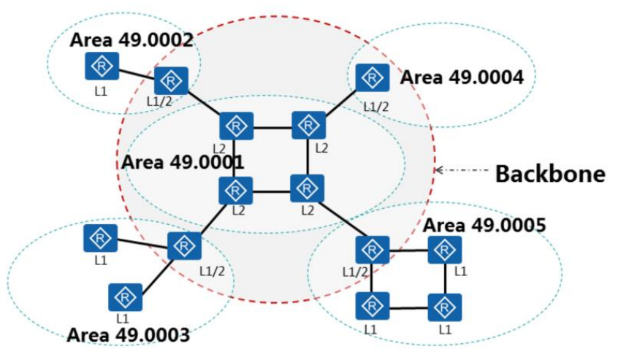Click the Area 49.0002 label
tap(131, 39)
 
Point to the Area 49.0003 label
tap(128, 335)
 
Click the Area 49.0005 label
tap(484, 224)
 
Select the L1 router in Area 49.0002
tap(100, 66)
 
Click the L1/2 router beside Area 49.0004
tap(373, 78)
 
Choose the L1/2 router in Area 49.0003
tap(183, 246)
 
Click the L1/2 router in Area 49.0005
tap(373, 250)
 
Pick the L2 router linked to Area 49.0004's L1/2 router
tap(308, 126)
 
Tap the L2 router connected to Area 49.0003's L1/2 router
tap(235, 190)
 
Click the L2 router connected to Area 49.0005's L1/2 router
tap(307, 188)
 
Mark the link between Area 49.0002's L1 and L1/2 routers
tap(135, 73)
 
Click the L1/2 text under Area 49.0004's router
tap(376, 107)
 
